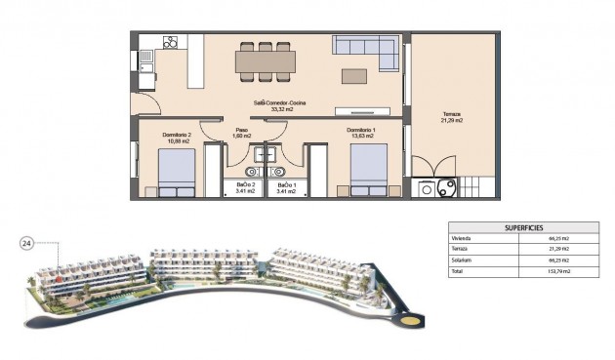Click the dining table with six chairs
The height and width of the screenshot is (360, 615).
(x=265, y=62)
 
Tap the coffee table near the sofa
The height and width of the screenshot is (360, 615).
(x=353, y=76)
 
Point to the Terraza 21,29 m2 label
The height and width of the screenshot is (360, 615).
(x=451, y=117)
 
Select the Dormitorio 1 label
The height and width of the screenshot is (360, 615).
(x=361, y=133)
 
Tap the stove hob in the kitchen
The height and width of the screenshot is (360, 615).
(x=170, y=43)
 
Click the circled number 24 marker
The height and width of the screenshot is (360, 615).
(x=27, y=244)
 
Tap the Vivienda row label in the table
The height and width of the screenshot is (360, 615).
(x=461, y=238)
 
